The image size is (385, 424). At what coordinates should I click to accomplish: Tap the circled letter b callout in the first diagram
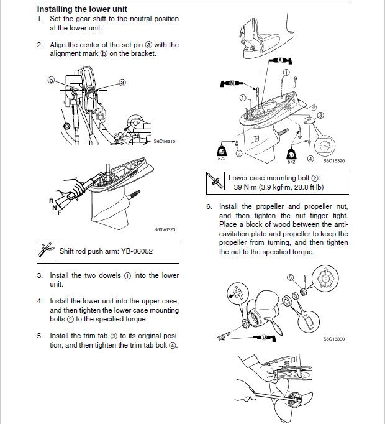(x=52, y=80)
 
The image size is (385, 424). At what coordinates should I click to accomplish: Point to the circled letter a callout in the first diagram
(x=122, y=82)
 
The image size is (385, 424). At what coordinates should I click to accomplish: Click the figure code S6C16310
(x=165, y=141)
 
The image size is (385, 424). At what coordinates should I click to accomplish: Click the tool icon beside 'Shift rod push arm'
(x=45, y=252)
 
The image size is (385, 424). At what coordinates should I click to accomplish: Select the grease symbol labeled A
(x=279, y=60)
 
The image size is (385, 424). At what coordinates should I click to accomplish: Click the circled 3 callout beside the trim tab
(x=320, y=116)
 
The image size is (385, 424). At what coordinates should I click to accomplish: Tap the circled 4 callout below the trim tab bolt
(x=310, y=158)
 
